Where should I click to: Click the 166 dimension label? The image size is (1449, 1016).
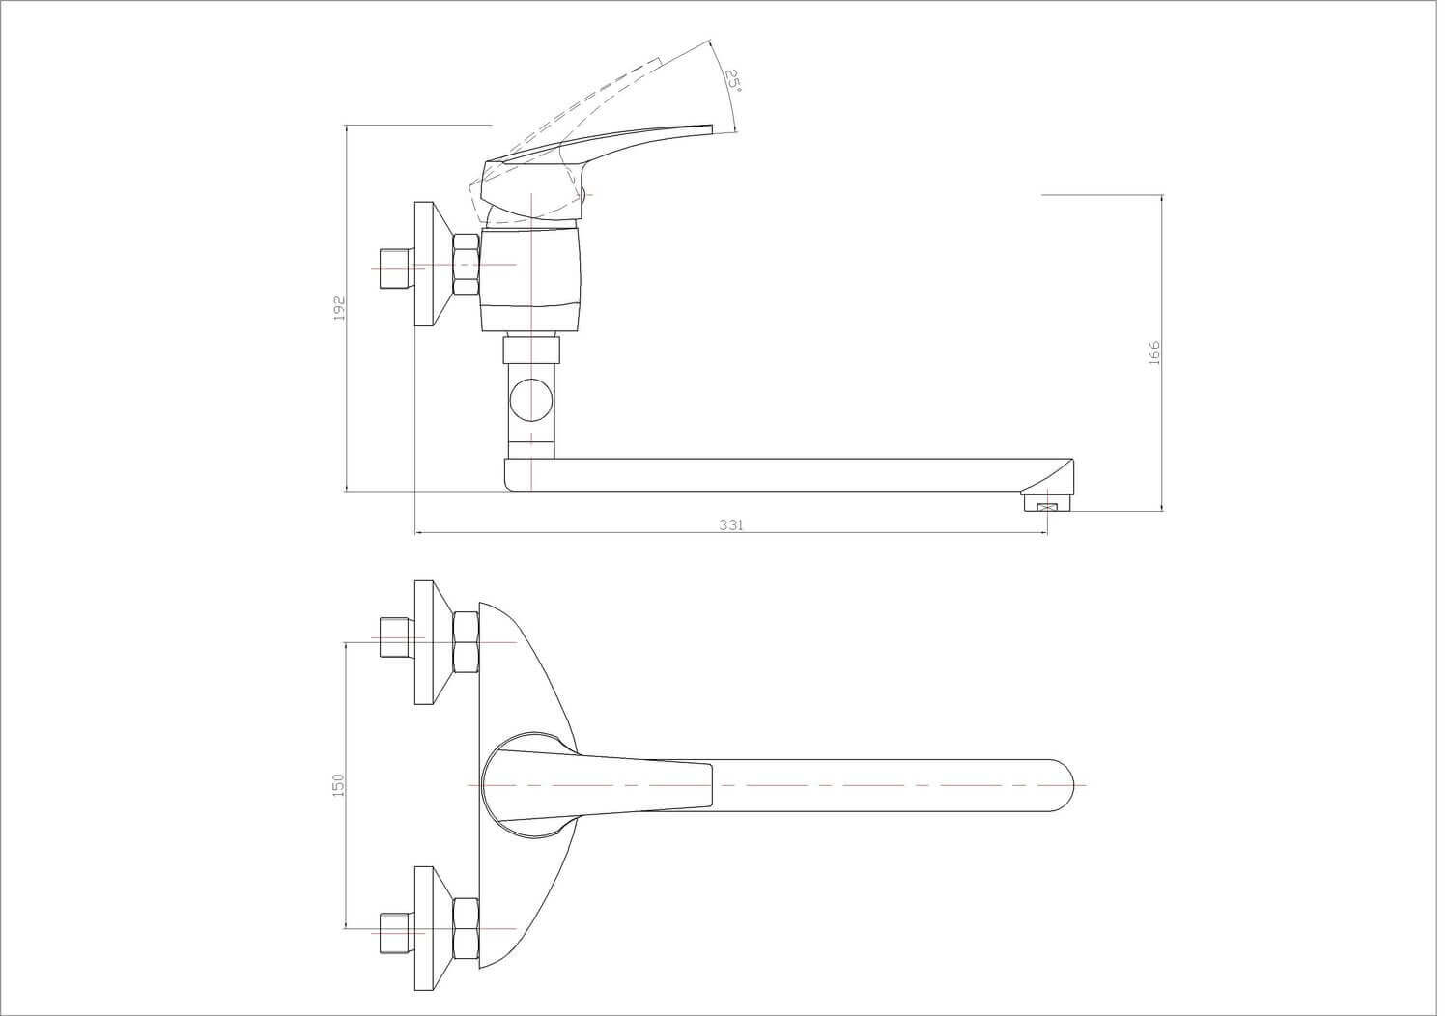coord(1154,353)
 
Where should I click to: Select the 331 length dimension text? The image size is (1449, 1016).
coord(731,525)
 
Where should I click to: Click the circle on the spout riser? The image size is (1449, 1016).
coord(531,401)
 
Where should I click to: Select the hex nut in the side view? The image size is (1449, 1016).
coord(467,265)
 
